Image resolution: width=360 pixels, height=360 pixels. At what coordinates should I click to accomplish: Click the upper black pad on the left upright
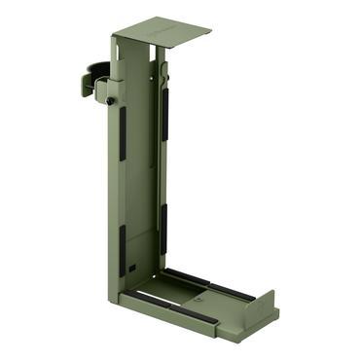123,132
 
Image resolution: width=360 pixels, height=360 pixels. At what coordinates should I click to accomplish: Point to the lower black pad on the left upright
122,247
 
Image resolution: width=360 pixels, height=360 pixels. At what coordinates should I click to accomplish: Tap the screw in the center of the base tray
199,295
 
